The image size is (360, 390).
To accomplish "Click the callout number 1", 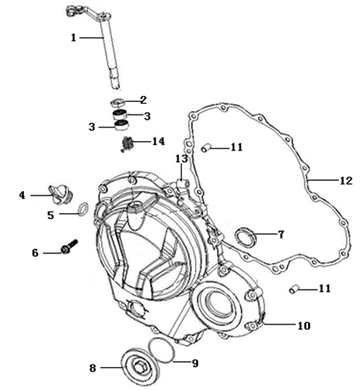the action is (x=74, y=37).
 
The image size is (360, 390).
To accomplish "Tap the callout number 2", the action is (x=143, y=100).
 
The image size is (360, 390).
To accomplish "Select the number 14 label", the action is (x=159, y=141).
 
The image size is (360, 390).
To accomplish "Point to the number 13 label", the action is (x=182, y=159).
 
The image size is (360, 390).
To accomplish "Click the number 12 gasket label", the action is (x=346, y=180).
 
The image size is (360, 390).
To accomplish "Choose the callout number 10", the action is (x=304, y=325).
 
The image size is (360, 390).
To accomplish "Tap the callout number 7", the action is (x=281, y=235).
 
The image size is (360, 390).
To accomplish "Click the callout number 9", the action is (x=195, y=364).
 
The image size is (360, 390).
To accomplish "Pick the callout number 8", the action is (x=93, y=368).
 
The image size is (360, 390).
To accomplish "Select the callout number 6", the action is (x=35, y=252).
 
